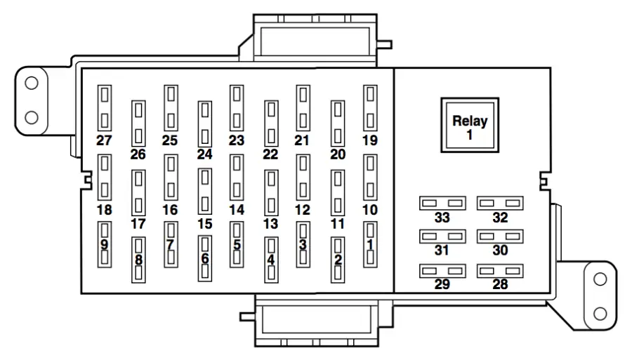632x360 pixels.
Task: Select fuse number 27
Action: click(105, 107)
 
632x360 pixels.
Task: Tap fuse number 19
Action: click(369, 107)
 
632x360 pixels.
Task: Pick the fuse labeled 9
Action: click(105, 244)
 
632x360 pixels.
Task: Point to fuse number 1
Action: click(369, 244)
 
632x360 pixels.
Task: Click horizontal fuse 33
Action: click(442, 203)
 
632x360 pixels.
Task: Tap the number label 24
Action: click(204, 154)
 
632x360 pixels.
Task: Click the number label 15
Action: click(204, 224)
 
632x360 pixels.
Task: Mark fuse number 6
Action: click(204, 258)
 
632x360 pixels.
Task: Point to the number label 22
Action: click(270, 154)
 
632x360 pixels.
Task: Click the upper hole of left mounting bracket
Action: click(31, 84)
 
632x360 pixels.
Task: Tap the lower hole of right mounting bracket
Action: click(600, 311)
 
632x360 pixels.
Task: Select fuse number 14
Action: click(237, 176)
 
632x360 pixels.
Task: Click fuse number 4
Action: click(270, 259)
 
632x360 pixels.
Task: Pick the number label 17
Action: click(138, 224)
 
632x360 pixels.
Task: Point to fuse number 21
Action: click(303, 107)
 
